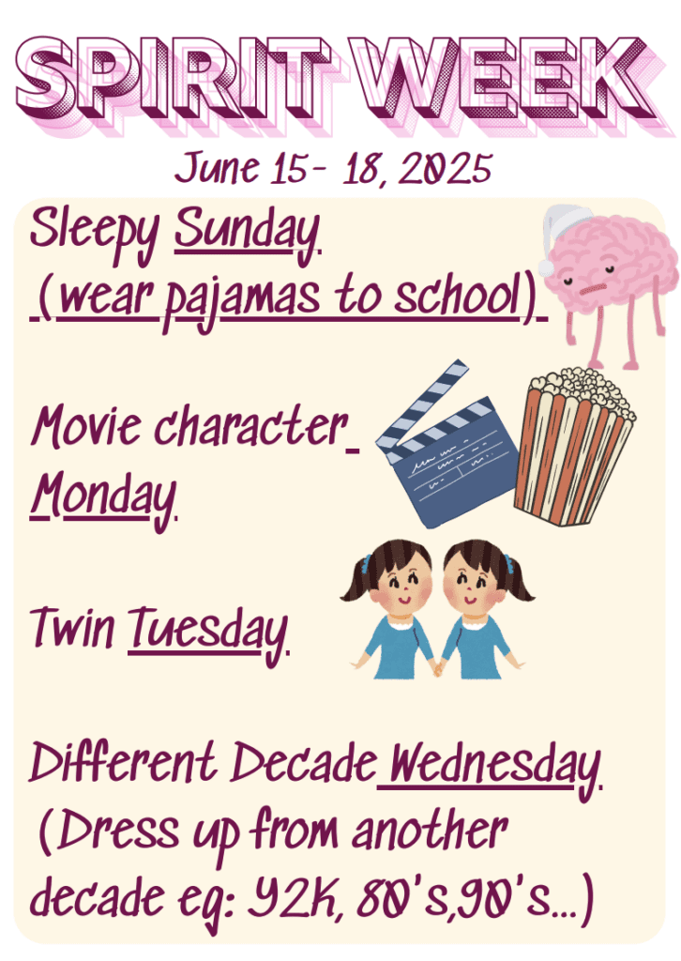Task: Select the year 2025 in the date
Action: click(x=445, y=168)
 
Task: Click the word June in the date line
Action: click(x=217, y=167)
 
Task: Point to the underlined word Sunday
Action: click(x=248, y=233)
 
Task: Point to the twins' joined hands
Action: click(x=437, y=667)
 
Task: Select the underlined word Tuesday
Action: click(x=207, y=632)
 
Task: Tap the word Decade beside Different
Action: click(x=303, y=762)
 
